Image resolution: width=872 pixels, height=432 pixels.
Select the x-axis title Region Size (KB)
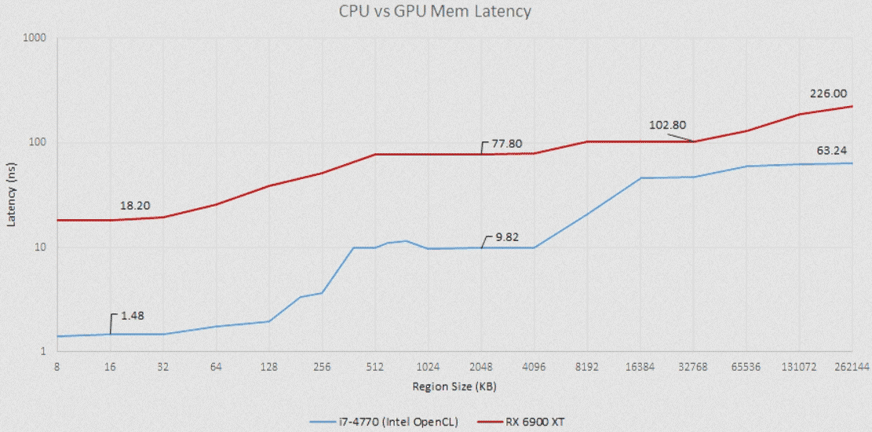(x=454, y=386)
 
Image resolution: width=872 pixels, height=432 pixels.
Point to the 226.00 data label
(x=828, y=93)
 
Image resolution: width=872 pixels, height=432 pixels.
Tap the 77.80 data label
(x=505, y=144)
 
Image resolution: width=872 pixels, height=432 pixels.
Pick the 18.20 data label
(x=135, y=206)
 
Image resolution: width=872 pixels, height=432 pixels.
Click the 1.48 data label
(x=133, y=316)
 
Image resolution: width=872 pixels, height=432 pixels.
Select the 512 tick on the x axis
(x=374, y=366)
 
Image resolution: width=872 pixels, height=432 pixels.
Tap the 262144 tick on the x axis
(x=852, y=366)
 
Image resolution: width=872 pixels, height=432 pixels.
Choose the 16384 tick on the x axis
(x=640, y=366)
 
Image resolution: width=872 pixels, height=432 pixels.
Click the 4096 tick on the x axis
(x=534, y=366)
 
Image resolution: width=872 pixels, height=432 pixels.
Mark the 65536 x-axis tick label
(x=746, y=366)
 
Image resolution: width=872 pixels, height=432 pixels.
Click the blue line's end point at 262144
(x=852, y=163)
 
